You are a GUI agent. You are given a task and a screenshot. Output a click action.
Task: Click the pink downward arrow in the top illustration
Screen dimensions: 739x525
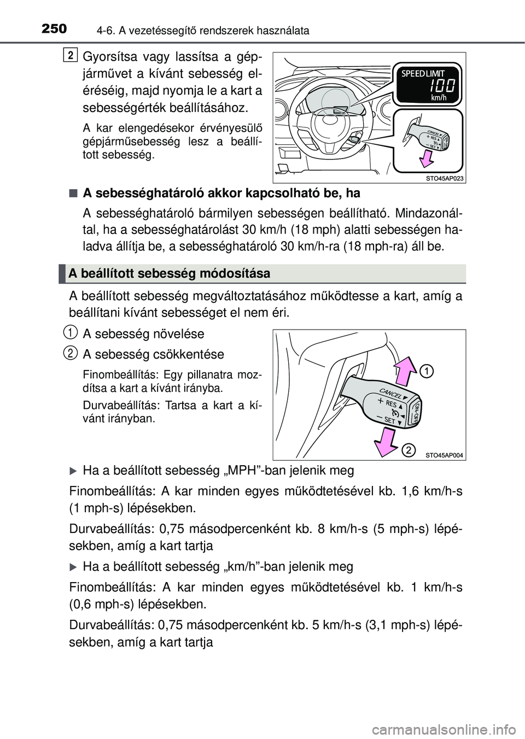[424, 160]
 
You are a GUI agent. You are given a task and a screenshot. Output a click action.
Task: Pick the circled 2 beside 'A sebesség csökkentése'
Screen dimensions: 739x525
[69, 353]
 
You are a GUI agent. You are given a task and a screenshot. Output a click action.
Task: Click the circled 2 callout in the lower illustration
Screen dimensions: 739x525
[407, 450]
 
